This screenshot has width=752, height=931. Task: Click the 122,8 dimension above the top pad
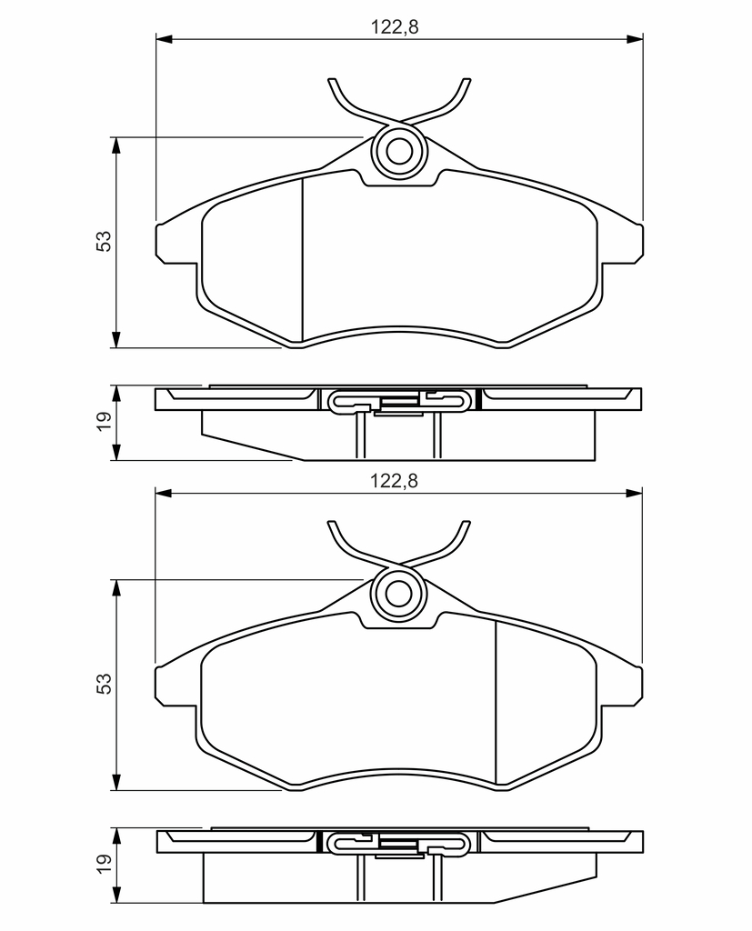click(x=395, y=26)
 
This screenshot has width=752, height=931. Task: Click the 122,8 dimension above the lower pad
click(x=395, y=480)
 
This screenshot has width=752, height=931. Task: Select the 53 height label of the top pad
click(x=104, y=240)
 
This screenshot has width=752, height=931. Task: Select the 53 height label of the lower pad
click(x=104, y=684)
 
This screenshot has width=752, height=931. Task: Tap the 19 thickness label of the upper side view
click(x=104, y=421)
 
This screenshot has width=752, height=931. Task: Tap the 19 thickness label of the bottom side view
click(x=104, y=864)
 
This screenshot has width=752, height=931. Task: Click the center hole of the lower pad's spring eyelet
click(x=398, y=593)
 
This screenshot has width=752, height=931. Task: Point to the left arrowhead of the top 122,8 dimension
click(x=164, y=39)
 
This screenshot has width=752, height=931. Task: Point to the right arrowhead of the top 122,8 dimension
click(x=635, y=39)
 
